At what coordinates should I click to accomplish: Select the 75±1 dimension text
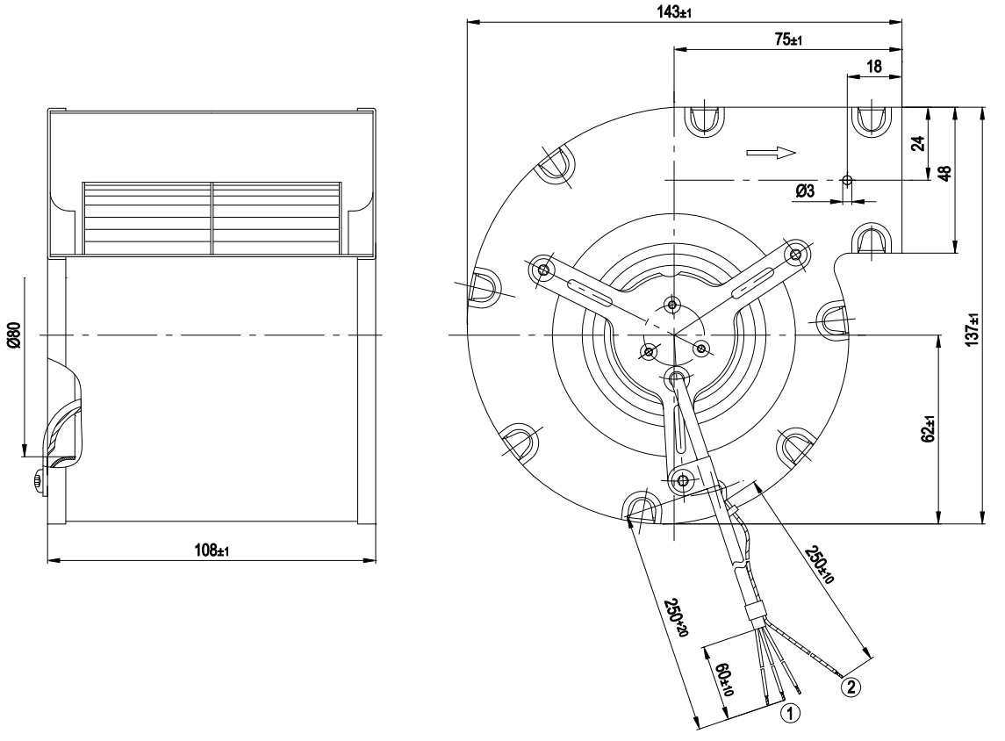tap(788, 40)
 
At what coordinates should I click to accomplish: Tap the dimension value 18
tap(873, 67)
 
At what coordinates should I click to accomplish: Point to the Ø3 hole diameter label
tap(805, 191)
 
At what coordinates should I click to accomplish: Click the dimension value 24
tap(918, 143)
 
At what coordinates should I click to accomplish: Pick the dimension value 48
tap(944, 173)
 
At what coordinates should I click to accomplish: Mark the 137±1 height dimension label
tap(973, 330)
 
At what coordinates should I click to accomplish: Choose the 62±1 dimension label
tap(929, 428)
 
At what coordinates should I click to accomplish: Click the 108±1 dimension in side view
tap(212, 550)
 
